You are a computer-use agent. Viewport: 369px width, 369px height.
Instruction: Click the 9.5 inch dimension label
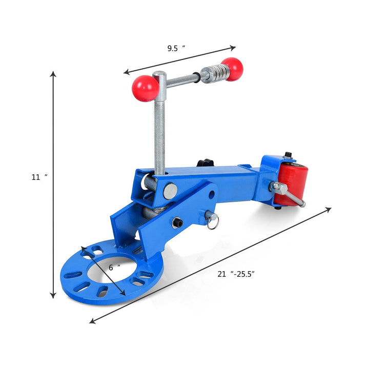[x=176, y=48]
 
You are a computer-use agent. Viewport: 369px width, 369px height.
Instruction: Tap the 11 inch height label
[x=39, y=177]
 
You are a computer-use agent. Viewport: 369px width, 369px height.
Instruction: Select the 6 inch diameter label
[x=115, y=268]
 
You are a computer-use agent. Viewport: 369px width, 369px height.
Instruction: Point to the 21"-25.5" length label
[x=236, y=274]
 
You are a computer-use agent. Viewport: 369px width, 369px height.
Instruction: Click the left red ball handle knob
[x=145, y=89]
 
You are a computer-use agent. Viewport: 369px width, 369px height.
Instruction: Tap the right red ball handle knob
[x=232, y=69]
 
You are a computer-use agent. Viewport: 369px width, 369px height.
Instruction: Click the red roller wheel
[x=291, y=184]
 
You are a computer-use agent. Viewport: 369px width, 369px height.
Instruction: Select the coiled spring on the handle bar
[x=218, y=72]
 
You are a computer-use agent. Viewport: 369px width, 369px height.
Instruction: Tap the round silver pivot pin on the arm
[x=170, y=191]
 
